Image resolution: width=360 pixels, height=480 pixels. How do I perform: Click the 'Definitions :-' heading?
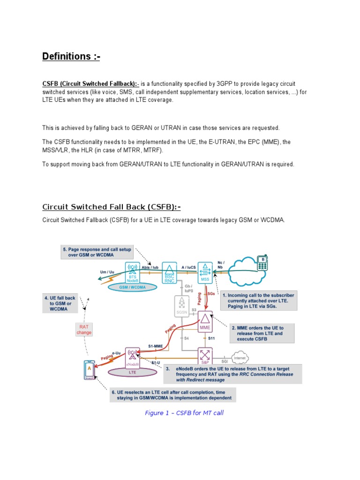click(x=71, y=57)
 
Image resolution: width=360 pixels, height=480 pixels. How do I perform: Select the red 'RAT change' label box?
click(x=84, y=330)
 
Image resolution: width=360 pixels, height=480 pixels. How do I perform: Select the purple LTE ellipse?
click(x=132, y=371)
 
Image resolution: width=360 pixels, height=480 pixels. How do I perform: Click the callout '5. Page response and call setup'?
click(x=97, y=253)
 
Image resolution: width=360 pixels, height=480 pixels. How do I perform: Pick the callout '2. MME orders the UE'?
click(x=262, y=333)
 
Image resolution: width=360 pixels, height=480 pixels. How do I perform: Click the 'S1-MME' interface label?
click(x=156, y=346)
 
